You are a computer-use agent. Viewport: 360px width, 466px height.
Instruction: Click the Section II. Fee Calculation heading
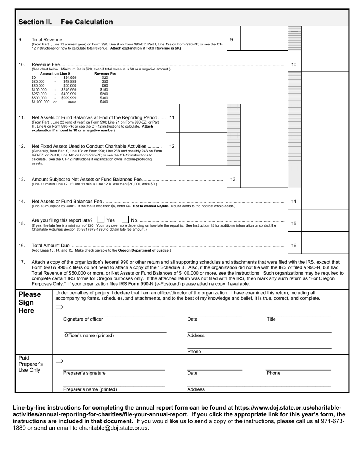tap(66, 22)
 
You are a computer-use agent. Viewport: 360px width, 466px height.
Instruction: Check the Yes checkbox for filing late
tap(100, 220)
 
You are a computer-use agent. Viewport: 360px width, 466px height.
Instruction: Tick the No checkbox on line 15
tap(125, 220)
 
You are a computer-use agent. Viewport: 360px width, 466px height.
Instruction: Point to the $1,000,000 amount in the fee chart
tap(41, 102)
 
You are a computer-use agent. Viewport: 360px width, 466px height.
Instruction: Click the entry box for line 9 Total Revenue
tap(264, 38)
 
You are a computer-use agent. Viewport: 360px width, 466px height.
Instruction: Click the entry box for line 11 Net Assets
tap(203, 122)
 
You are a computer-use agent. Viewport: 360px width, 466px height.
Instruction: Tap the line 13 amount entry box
tap(264, 179)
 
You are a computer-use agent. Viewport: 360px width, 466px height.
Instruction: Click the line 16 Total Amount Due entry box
tap(325, 246)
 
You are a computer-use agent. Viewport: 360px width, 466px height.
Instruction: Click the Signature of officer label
tap(83, 319)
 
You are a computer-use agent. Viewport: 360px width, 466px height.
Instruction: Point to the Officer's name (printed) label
tap(89, 335)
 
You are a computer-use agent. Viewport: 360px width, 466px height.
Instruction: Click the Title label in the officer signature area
tap(271, 319)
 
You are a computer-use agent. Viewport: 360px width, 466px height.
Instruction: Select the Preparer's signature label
tap(84, 373)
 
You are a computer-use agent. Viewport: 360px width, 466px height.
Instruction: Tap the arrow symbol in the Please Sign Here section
tap(59, 307)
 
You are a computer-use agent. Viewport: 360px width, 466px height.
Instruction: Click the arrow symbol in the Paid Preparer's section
tap(59, 361)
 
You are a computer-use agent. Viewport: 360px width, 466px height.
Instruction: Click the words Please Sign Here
tap(30, 302)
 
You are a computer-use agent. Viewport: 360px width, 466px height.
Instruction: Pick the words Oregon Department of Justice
tap(144, 250)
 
